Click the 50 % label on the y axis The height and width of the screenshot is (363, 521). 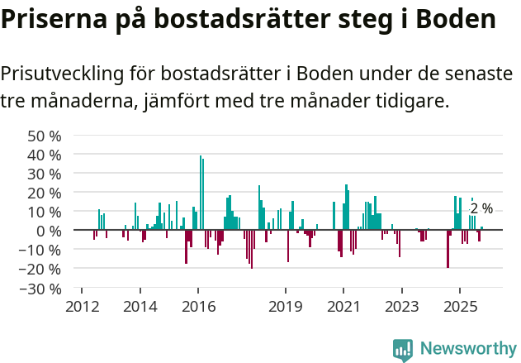[45, 136]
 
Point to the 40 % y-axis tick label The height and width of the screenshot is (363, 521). [45, 155]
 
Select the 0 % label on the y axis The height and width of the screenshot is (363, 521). [50, 231]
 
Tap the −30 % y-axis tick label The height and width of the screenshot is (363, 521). [41, 289]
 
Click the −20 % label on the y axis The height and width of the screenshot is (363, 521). [41, 269]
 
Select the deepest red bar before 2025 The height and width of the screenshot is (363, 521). [448, 248]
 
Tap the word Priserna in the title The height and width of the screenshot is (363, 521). [51, 20]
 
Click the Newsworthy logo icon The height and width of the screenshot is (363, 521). [403, 349]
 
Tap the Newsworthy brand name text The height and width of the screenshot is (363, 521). [467, 349]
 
